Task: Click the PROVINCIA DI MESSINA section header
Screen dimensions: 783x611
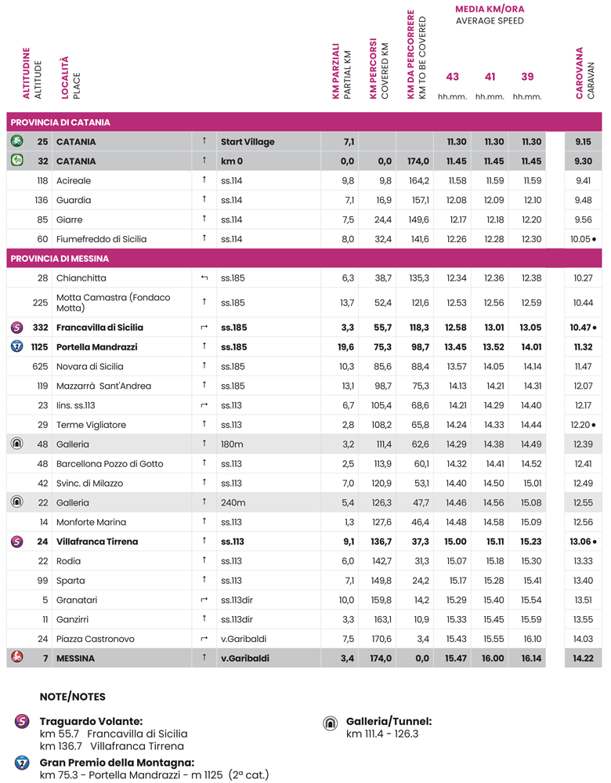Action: (x=60, y=259)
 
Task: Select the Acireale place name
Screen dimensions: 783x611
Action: (x=74, y=180)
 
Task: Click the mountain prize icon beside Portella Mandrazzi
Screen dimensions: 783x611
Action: (x=16, y=346)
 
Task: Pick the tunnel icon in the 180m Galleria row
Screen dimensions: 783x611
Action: (x=16, y=444)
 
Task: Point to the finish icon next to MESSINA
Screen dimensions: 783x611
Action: (x=16, y=658)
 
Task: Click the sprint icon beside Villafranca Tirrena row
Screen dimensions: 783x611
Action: (x=16, y=542)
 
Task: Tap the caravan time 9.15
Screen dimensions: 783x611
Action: (x=583, y=142)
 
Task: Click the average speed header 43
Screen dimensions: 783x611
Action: (x=452, y=77)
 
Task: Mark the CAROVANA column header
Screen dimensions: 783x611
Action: (x=580, y=73)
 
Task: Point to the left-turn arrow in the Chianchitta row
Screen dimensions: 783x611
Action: (x=204, y=278)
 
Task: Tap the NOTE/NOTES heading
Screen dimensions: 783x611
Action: (x=72, y=697)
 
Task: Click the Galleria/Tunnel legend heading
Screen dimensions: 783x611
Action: (x=389, y=721)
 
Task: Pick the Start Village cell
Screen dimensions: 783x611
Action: (x=248, y=142)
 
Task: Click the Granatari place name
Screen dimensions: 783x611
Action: (x=78, y=600)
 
